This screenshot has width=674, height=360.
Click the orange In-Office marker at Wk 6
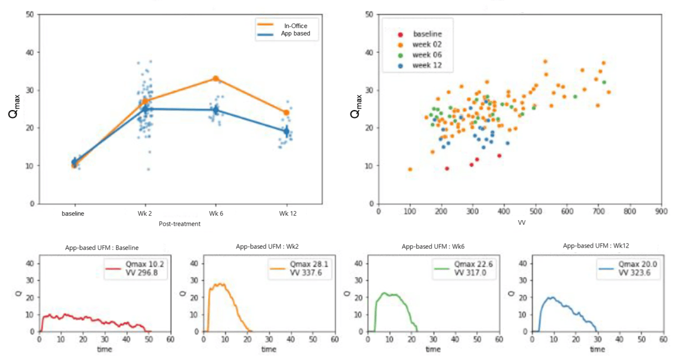point(215,79)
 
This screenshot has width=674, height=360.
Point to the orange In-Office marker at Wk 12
point(286,112)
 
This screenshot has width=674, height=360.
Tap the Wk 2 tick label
point(145,213)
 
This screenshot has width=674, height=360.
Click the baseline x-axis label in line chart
point(74,213)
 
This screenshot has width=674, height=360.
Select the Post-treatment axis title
point(180,223)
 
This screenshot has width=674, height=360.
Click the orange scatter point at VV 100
point(410,169)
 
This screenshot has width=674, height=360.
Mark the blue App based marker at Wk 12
point(286,131)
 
